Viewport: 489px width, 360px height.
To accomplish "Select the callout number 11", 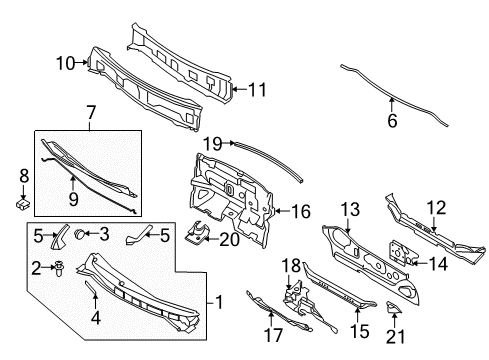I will (257, 89).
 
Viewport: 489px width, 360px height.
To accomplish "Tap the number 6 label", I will (392, 121).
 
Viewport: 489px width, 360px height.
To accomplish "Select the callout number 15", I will (357, 329).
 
